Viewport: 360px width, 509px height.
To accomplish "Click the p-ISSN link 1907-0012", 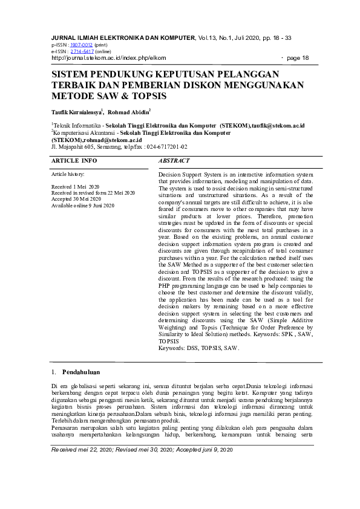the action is click(81, 45).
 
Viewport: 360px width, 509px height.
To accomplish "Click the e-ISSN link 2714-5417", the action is click(82, 51).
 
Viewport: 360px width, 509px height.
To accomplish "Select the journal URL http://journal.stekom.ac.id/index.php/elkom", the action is click(108, 58).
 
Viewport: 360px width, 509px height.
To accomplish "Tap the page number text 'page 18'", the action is click(298, 58).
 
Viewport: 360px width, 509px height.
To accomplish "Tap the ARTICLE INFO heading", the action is click(74, 161).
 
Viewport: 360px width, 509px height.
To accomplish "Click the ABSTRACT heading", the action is click(174, 161).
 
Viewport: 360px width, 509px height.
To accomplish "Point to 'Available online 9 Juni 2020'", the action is click(83, 206).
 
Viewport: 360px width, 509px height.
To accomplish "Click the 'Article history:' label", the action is click(68, 173).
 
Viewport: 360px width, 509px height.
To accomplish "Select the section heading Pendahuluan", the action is click(81, 372).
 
